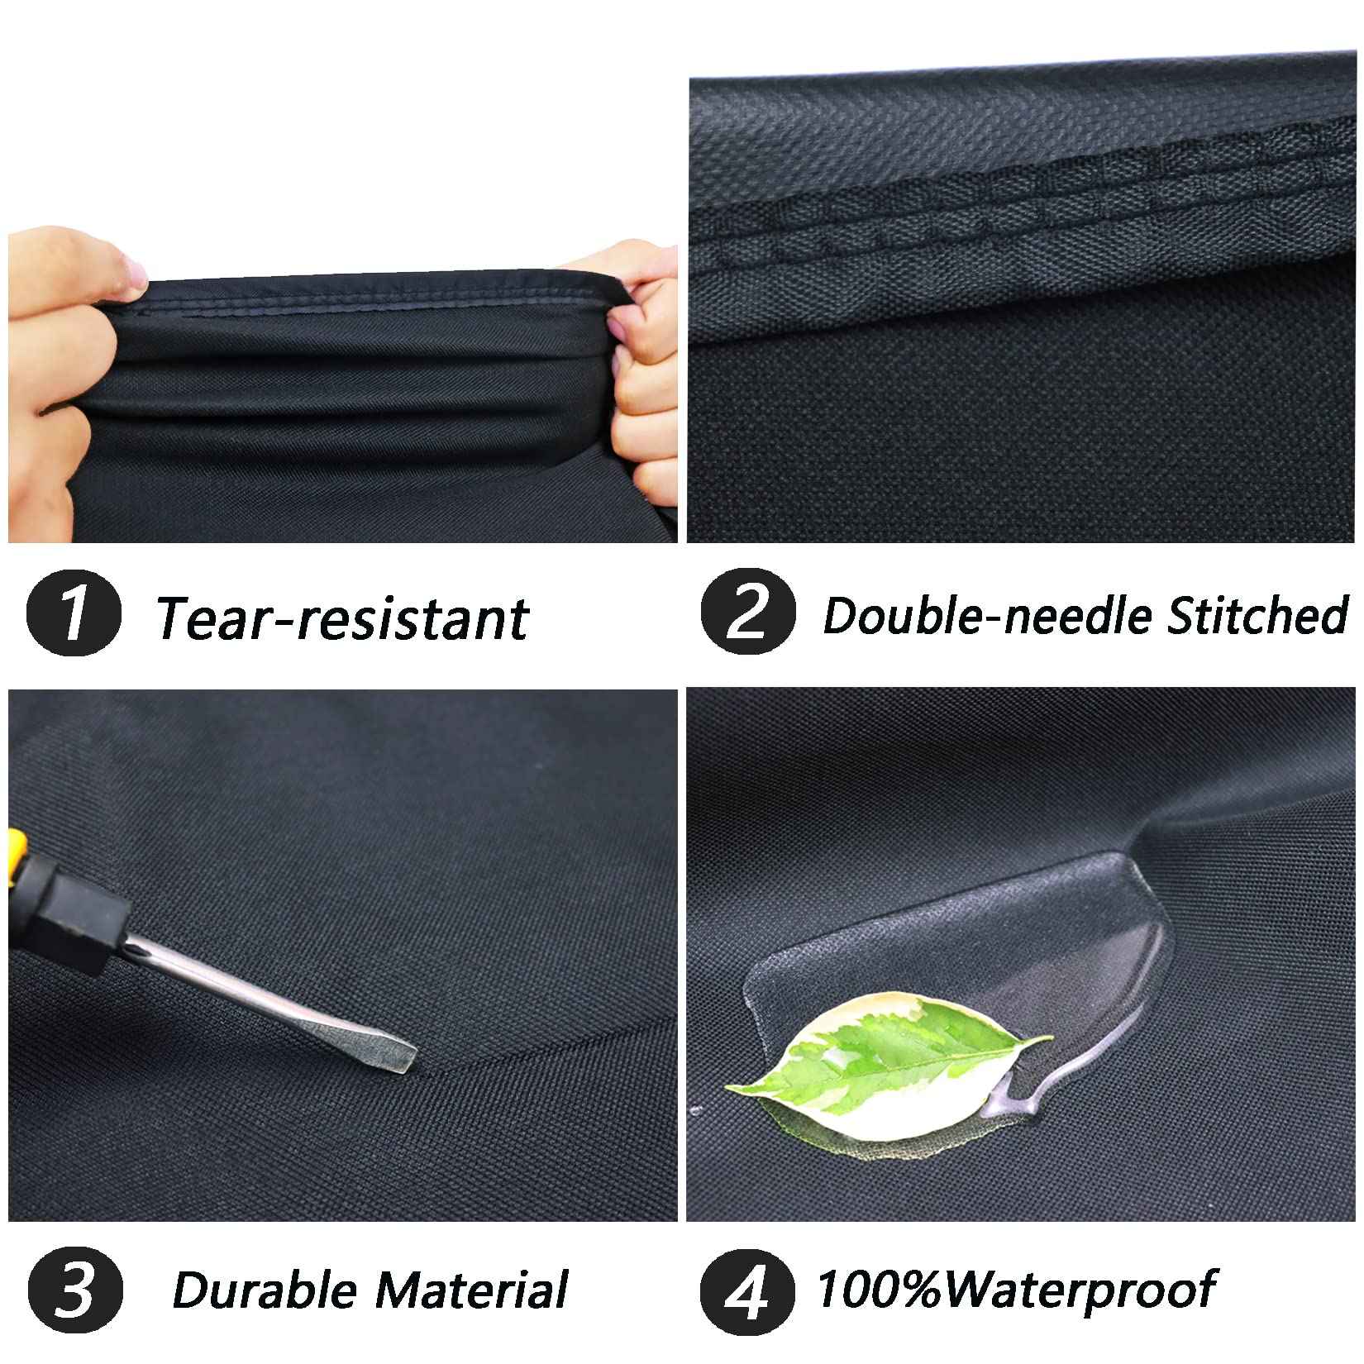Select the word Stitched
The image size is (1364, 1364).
pos(1257,615)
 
